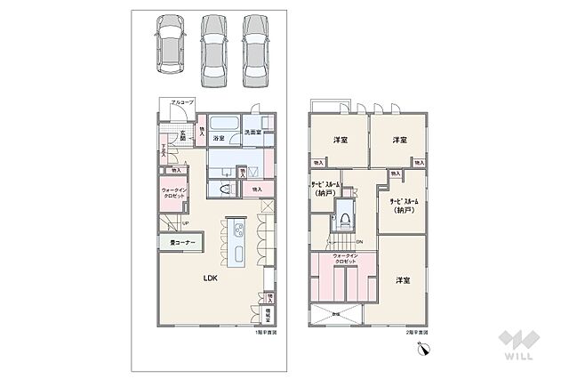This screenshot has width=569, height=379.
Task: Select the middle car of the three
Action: [214, 50]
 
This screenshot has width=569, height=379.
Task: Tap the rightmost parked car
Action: [256, 50]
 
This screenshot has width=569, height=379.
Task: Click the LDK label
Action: [210, 278]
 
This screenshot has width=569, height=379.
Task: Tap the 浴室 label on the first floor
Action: [218, 139]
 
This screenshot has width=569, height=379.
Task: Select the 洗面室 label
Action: [252, 133]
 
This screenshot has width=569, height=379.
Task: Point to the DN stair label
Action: [358, 242]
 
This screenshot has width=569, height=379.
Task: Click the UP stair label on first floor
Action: [184, 223]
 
